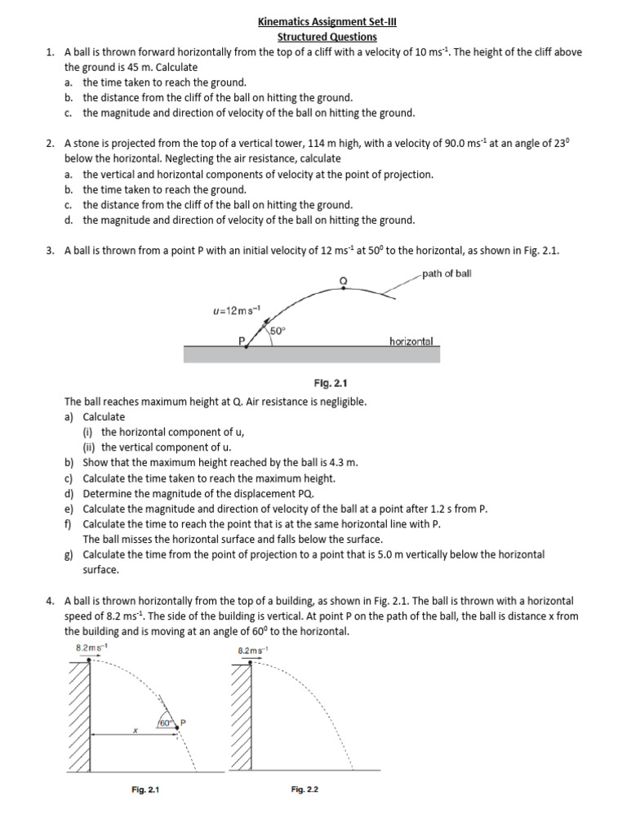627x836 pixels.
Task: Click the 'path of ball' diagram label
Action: coord(447,273)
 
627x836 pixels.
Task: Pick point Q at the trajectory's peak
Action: coord(343,280)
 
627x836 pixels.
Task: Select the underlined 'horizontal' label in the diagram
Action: coord(411,340)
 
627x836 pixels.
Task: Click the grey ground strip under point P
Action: coord(311,354)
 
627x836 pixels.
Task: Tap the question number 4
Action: coord(51,600)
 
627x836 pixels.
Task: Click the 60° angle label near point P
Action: coord(166,723)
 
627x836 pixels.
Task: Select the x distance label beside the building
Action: coord(136,731)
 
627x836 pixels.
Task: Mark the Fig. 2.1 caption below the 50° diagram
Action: coord(330,381)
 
